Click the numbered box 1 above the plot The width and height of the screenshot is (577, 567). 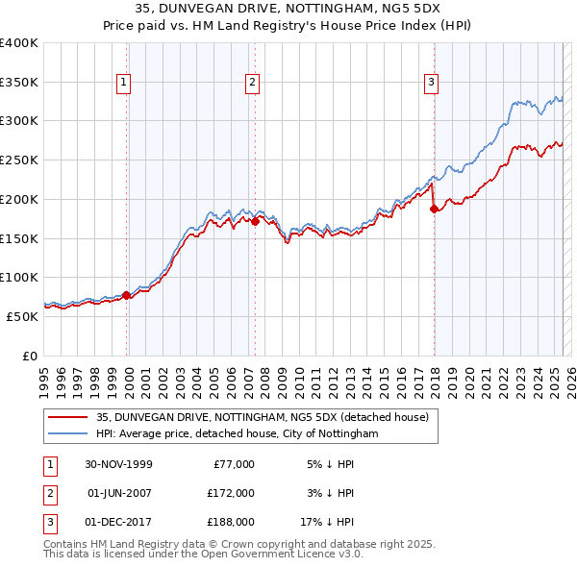point(125,84)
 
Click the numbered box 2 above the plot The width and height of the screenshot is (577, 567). point(252,84)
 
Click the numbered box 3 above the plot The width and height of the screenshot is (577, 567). point(431,84)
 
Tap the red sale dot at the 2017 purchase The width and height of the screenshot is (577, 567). point(434,208)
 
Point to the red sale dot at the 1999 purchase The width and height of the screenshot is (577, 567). point(127,295)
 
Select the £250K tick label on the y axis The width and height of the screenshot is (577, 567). point(19,160)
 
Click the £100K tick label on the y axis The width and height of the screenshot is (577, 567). point(19,277)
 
